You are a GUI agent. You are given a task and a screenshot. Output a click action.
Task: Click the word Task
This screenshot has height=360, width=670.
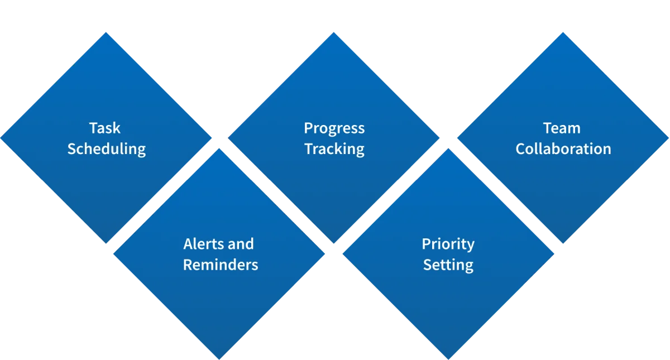[x=105, y=128]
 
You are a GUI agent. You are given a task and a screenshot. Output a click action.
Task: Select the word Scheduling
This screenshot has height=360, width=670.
[x=106, y=150]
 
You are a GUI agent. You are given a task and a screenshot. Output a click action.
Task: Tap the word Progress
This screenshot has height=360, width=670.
[x=334, y=128]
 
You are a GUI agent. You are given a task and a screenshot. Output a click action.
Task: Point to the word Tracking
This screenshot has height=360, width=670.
[x=334, y=150]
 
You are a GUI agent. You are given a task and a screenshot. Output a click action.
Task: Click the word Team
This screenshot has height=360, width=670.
[x=562, y=128]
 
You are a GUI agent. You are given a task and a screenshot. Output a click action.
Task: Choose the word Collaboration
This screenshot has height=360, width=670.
[x=563, y=149]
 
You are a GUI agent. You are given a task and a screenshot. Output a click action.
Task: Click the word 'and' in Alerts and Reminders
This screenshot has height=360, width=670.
[x=241, y=244]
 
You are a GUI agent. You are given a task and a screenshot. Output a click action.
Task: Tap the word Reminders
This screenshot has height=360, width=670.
[x=221, y=265]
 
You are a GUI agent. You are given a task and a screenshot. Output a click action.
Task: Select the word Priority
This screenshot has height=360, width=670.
[x=448, y=244]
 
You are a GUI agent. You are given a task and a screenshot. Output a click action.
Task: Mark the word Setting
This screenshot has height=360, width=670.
[x=448, y=265]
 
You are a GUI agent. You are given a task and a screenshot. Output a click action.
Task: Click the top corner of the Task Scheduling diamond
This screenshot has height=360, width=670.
[x=107, y=32]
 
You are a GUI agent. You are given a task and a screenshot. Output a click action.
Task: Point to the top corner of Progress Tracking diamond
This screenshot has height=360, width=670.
[x=334, y=32]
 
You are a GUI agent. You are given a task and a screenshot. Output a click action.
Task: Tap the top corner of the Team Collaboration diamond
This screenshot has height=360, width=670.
[x=563, y=32]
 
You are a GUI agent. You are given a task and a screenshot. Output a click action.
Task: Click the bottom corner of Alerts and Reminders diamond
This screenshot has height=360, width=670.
[x=219, y=358]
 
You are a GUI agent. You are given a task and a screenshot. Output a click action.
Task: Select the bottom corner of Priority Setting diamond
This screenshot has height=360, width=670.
[x=448, y=358]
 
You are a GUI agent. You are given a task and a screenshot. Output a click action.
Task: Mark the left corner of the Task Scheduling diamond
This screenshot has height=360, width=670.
[x=2, y=137]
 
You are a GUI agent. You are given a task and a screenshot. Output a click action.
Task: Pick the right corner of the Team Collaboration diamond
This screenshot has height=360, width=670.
[x=668, y=137]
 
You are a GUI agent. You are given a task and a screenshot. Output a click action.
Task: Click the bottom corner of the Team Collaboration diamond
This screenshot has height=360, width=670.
[x=563, y=244]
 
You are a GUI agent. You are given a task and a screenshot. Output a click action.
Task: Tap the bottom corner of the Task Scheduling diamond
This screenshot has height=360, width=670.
[x=107, y=244]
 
